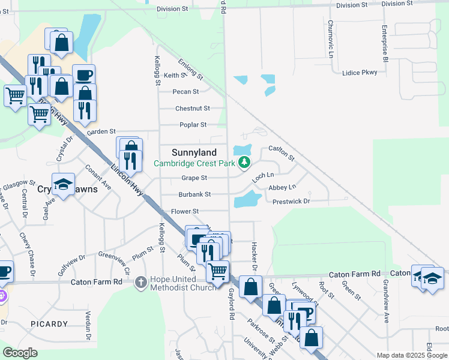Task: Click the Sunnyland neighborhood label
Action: click(194, 152)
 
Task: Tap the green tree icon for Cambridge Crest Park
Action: click(244, 163)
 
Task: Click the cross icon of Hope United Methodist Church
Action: click(140, 281)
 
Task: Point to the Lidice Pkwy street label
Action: click(359, 73)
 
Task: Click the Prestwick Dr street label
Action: click(291, 202)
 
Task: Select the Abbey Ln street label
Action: click(282, 188)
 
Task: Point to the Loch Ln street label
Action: click(262, 177)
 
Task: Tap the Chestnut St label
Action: click(192, 109)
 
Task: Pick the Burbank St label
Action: click(194, 194)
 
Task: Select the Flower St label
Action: click(184, 211)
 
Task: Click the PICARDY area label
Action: click(49, 324)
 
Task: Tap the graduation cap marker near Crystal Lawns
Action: click(63, 185)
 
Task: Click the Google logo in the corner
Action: click(19, 353)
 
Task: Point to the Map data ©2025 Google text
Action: click(412, 355)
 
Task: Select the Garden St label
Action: click(101, 131)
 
